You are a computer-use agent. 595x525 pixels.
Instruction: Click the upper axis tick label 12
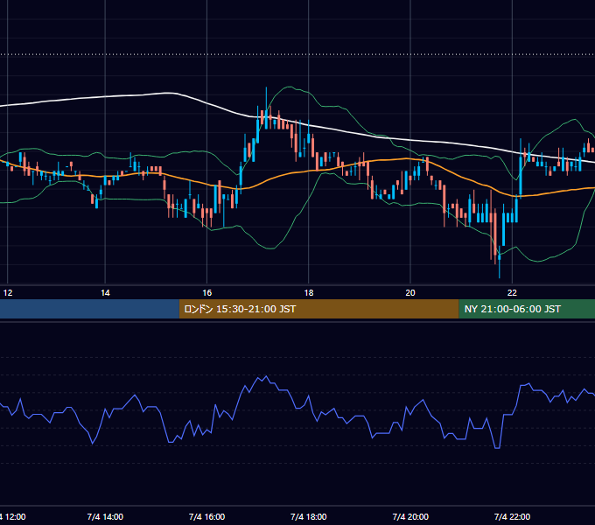[x=8, y=293]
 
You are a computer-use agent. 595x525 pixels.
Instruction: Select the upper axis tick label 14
[x=105, y=293]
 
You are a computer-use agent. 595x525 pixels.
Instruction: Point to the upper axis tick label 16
[x=206, y=293]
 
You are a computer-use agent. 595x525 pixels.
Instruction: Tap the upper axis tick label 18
[x=309, y=293]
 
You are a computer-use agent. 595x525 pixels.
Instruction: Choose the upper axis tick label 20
[x=410, y=293]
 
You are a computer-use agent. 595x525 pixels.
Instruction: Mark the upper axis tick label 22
[x=512, y=293]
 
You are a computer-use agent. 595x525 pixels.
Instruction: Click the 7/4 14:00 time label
[x=105, y=516]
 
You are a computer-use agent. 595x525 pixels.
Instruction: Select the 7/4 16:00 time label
[x=206, y=516]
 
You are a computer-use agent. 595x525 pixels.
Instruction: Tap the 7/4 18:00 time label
[x=309, y=516]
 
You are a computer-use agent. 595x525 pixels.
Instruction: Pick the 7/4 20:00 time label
[x=410, y=516]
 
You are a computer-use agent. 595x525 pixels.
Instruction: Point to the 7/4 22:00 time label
[x=512, y=516]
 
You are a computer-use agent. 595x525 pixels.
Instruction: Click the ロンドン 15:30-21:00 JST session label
[x=240, y=309]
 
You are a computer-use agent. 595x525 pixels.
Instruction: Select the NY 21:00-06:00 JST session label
[x=512, y=309]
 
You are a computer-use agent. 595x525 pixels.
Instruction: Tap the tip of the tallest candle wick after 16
[x=266, y=87]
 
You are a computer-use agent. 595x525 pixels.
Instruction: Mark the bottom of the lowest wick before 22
[x=500, y=278]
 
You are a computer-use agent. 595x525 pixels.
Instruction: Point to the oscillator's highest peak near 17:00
[x=266, y=376]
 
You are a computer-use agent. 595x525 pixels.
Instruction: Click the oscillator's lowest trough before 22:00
[x=498, y=448]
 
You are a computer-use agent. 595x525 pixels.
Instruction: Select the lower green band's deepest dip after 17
[x=271, y=248]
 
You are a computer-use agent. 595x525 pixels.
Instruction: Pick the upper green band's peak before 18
[x=290, y=87]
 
